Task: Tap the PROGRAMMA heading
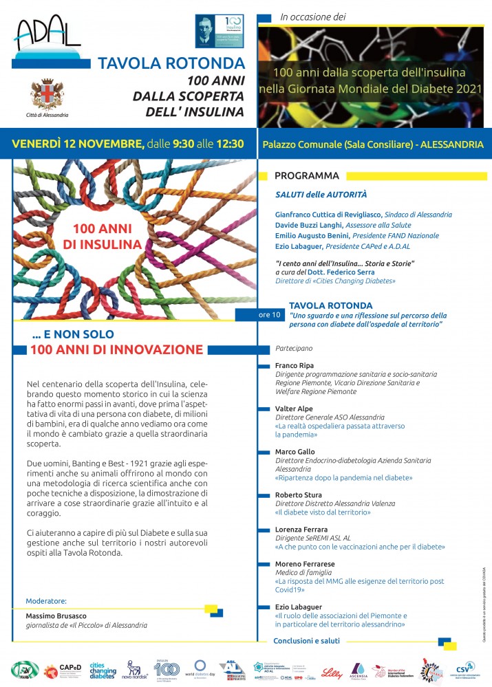tap(307, 175)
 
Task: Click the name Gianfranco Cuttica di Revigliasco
tap(328, 215)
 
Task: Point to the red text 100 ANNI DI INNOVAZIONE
tap(116, 349)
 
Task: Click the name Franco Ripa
tap(294, 366)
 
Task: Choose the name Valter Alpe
tap(294, 408)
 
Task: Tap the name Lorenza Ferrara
tap(302, 530)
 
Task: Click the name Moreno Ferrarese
tap(305, 564)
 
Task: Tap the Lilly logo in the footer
tap(331, 670)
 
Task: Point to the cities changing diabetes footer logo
tap(100, 670)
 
